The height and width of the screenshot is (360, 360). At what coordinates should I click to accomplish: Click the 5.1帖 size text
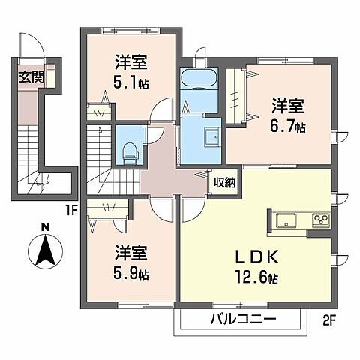[x=130, y=82]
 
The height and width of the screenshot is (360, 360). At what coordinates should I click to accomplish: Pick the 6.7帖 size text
[x=288, y=128]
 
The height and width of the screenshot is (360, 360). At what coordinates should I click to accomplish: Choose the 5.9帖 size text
[x=131, y=274]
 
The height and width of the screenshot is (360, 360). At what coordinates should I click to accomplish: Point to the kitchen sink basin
[x=286, y=220]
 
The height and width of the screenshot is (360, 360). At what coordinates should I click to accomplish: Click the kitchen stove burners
[x=321, y=220]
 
